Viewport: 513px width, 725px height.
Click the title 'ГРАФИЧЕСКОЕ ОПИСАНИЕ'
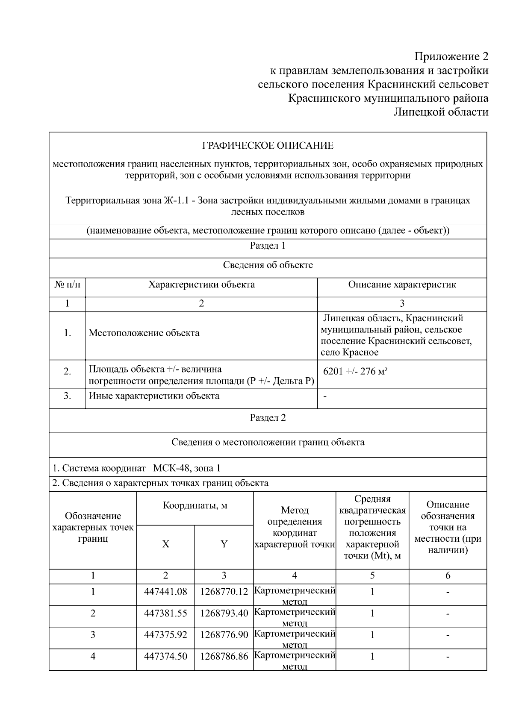coord(268,146)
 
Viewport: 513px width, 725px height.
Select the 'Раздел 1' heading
coord(268,246)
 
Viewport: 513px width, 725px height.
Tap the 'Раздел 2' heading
coord(268,418)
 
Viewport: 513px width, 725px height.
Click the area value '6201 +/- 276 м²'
coord(355,371)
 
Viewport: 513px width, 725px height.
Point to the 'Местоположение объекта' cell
coord(144,333)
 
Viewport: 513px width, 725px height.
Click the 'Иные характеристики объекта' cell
coord(154,396)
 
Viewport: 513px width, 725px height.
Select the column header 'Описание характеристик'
coord(402,285)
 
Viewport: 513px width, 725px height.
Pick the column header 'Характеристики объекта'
coord(201,285)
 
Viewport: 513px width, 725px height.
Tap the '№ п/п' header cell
coord(67,285)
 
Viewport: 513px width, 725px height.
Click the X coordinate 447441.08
coord(165,592)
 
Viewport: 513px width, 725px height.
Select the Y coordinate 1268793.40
coord(224,613)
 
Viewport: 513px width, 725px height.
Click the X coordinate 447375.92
coord(165,635)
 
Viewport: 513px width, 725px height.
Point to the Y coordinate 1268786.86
coord(224,656)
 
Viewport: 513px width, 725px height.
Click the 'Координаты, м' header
coord(195,506)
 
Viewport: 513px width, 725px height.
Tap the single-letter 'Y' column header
coord(224,544)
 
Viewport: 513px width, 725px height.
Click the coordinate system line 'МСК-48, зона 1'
coord(186,468)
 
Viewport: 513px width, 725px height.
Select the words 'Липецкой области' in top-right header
coord(440,112)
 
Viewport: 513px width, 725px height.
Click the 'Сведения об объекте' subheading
coord(268,265)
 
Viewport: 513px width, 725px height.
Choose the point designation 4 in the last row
coord(93,656)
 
